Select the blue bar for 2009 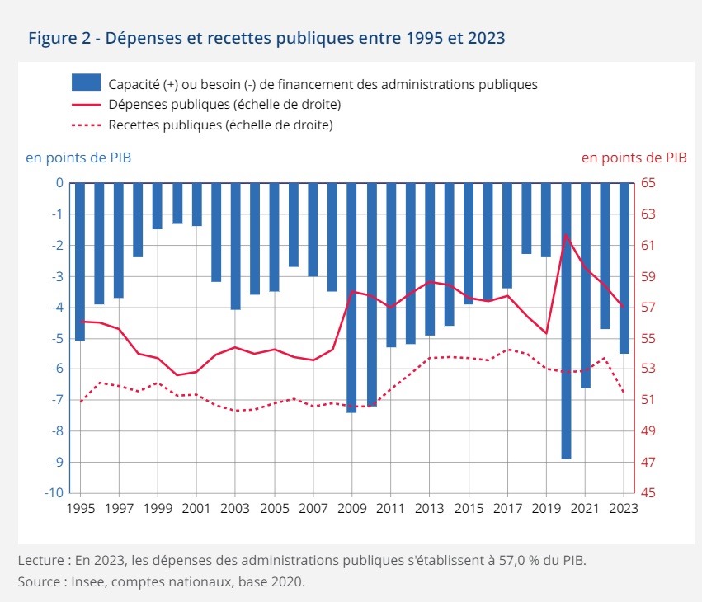(x=351, y=297)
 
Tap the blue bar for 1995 (x=80, y=261)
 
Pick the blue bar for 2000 (x=177, y=203)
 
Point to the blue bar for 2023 (x=624, y=268)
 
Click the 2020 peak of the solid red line (x=566, y=235)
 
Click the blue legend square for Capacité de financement (x=86, y=83)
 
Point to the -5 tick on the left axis (x=59, y=338)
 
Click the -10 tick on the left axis (x=55, y=493)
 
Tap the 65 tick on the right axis (x=648, y=183)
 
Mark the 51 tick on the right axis (x=648, y=400)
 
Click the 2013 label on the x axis (x=430, y=509)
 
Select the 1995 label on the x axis (x=80, y=509)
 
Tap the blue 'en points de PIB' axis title (x=78, y=157)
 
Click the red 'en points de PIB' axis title (x=634, y=157)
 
